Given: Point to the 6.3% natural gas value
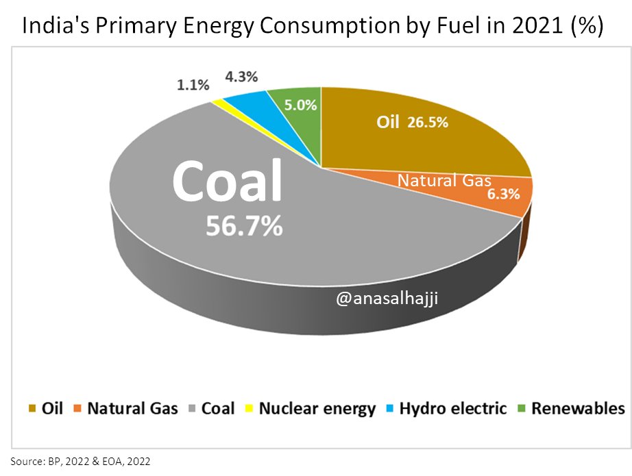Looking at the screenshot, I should pyautogui.click(x=503, y=195).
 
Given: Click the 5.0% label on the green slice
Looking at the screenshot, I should pyautogui.click(x=301, y=105).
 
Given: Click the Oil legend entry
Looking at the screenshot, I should pyautogui.click(x=45, y=409).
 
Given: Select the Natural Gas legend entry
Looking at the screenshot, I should pyautogui.click(x=125, y=409).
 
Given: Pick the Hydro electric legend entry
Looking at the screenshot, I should pyautogui.click(x=445, y=409).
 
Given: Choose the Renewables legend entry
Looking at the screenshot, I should pyautogui.click(x=570, y=409).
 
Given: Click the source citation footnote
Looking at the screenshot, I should pyautogui.click(x=80, y=461).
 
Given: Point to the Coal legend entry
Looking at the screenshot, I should pyautogui.click(x=210, y=409).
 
